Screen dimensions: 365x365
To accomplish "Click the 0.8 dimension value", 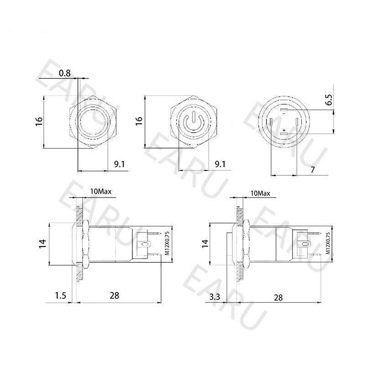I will click(x=66, y=73).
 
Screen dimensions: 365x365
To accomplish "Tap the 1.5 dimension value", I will click(x=60, y=296).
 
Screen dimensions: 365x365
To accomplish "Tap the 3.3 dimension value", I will click(x=215, y=297).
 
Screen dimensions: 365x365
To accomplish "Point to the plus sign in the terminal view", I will click(x=284, y=130).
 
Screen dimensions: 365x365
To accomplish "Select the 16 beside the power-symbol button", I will click(x=139, y=121).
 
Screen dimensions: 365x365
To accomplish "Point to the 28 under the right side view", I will click(x=277, y=297).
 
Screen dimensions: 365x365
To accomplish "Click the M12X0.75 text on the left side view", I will click(x=167, y=243).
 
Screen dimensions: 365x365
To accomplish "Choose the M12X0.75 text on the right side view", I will click(x=327, y=244).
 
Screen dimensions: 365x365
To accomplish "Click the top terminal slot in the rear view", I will click(x=284, y=110).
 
